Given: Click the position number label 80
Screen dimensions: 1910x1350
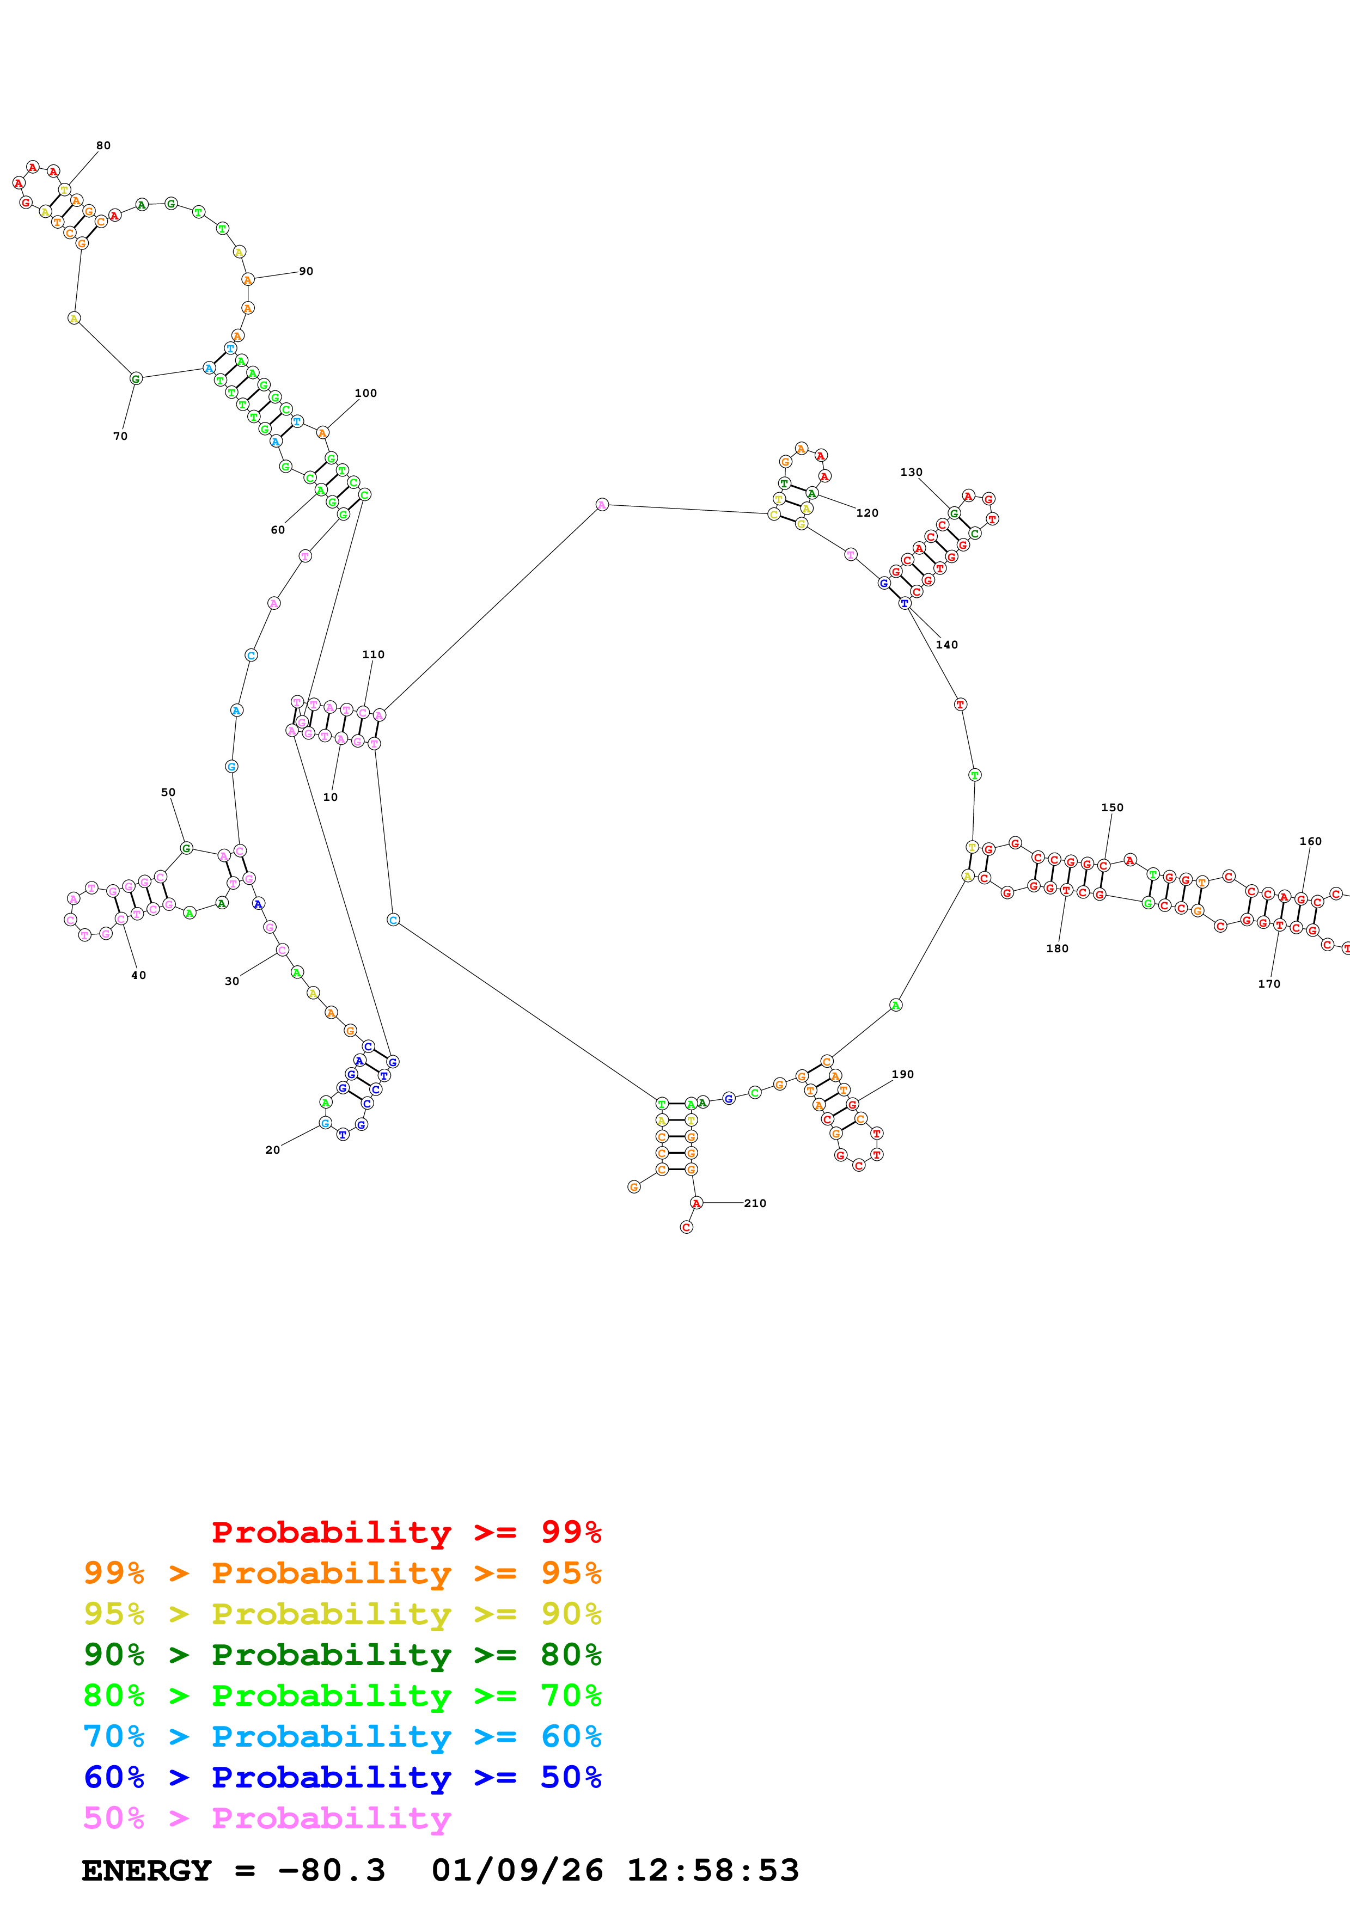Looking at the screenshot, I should tap(103, 145).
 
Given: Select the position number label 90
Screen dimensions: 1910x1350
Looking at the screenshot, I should tap(306, 271).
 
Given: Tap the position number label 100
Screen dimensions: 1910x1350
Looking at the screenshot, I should tap(365, 394).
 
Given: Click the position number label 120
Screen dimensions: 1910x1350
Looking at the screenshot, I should tap(867, 513).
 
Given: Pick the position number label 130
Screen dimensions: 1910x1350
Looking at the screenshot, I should tap(911, 473).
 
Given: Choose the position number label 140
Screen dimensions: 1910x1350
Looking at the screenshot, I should tap(946, 645).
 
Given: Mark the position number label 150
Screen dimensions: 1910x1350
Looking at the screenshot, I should tap(1111, 808).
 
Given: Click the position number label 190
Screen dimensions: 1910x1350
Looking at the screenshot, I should tap(902, 1075).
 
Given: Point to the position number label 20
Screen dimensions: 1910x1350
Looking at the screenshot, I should tap(272, 1150).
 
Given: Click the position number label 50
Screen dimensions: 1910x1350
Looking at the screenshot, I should tap(168, 793).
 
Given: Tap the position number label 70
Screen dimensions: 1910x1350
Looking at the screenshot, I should tap(120, 436).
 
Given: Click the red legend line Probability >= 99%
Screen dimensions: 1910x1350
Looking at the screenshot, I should tap(406, 1532).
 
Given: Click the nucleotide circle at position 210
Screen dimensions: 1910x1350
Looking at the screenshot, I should tap(696, 1203).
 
